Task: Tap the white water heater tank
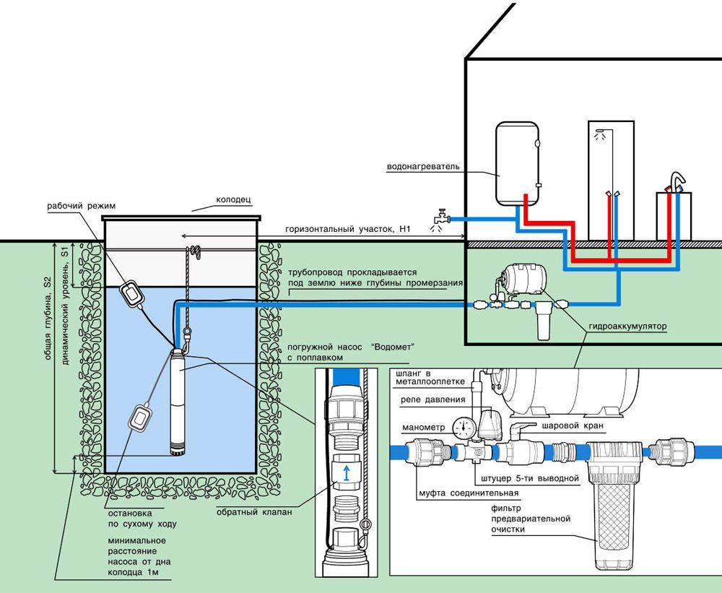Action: point(517,163)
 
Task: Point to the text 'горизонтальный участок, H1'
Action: point(337,229)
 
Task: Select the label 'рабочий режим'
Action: point(77,205)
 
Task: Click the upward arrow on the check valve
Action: point(346,474)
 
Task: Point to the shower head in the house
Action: point(598,135)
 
